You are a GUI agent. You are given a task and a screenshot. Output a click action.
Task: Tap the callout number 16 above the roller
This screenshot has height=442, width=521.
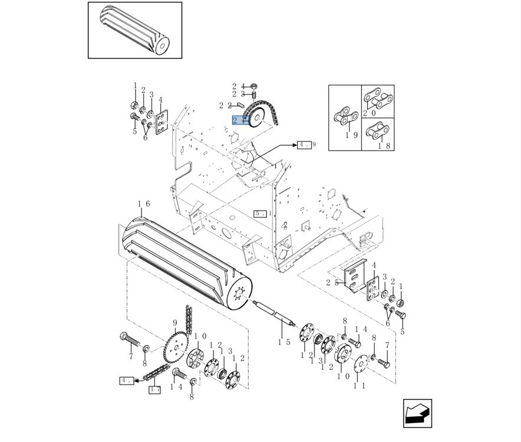coord(144,204)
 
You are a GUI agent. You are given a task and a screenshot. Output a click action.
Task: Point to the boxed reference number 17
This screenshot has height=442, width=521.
coord(154,389)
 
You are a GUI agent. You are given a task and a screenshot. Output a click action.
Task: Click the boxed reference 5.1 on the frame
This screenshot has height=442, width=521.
coord(260,213)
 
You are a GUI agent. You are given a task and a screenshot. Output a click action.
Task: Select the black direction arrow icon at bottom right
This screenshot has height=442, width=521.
coord(417,413)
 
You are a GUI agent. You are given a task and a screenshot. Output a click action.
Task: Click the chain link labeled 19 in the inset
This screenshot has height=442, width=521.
coord(343,117)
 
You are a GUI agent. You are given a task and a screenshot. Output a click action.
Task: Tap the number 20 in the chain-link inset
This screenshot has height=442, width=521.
coord(370,113)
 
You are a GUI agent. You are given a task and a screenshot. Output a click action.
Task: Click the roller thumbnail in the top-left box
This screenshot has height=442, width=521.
coord(134,30)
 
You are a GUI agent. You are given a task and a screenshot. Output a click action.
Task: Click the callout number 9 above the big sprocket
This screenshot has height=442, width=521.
coord(174,323)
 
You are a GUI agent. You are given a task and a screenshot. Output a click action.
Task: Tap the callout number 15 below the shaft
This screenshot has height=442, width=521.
coord(284,342)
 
